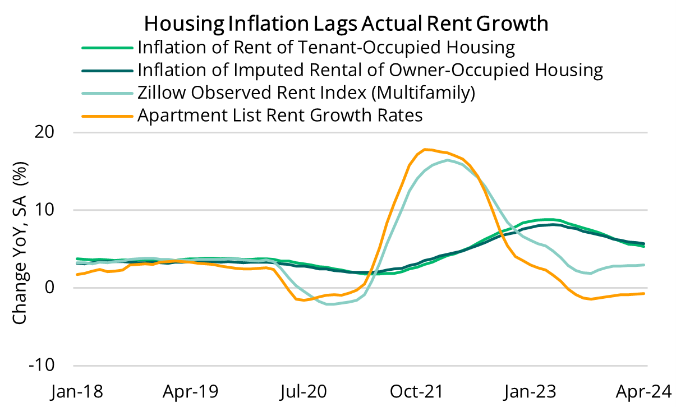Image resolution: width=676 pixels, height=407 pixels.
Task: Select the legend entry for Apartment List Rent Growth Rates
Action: (279, 115)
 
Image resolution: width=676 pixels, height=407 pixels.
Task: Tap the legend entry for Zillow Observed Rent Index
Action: (306, 92)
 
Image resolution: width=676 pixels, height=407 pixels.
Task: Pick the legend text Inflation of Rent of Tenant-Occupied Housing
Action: (326, 47)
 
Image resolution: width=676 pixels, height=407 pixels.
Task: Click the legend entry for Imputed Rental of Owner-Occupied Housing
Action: (370, 70)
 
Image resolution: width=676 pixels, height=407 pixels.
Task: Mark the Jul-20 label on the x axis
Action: (305, 391)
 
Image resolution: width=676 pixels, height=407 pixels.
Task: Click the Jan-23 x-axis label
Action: (534, 391)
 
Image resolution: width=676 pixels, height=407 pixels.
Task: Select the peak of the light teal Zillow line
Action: (447, 160)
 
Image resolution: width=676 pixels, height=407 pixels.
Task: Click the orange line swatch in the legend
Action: (107, 116)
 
